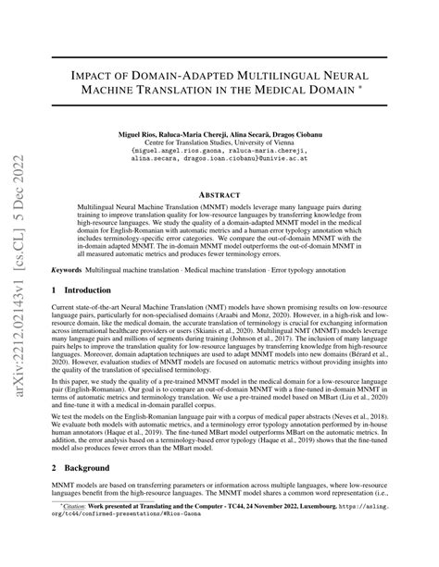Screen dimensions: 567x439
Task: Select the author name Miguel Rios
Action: pos(140,135)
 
